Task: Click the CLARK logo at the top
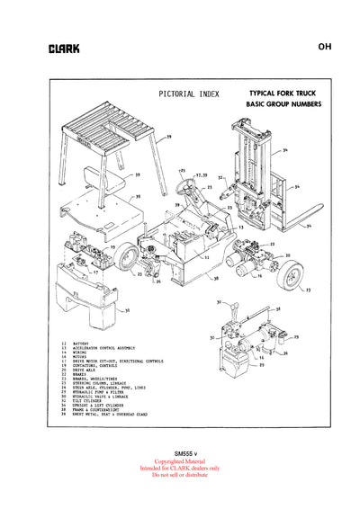(x=64, y=49)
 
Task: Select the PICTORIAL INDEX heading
(x=184, y=93)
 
